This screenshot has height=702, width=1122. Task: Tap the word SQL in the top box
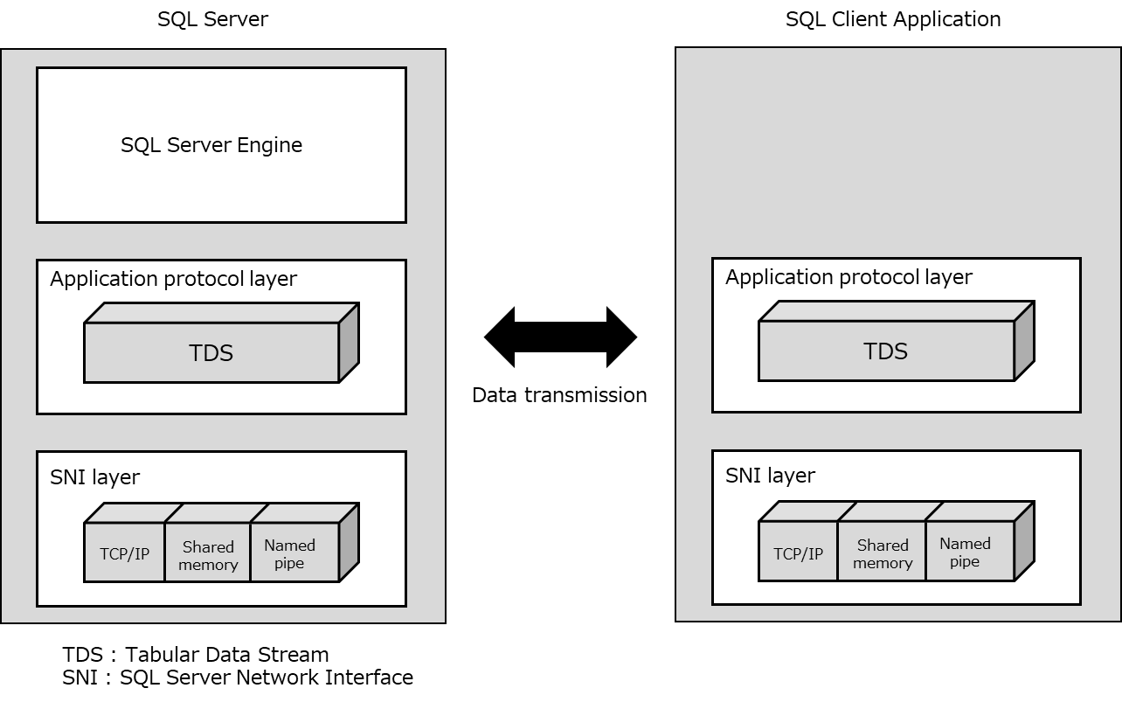point(140,145)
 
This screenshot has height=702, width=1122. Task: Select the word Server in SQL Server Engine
point(202,145)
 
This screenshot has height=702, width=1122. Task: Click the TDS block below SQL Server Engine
point(211,353)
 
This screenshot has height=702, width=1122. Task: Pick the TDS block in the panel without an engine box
point(886,351)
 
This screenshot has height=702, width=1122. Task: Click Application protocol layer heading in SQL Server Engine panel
point(173,279)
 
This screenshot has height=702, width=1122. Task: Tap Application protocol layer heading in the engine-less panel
point(848,277)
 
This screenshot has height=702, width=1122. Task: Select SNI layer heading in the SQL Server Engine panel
point(94,477)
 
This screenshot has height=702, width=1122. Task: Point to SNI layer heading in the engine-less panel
point(770,476)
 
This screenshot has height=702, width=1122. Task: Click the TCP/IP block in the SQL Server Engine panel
point(124,553)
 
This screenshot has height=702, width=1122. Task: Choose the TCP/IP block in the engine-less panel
point(798,553)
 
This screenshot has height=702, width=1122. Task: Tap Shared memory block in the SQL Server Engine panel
point(208,555)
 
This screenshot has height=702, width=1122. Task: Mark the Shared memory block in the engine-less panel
point(882,554)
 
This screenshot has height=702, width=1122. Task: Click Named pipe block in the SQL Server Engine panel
point(290,554)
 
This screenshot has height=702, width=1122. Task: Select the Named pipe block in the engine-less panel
point(966,553)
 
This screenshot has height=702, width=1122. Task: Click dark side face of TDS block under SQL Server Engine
point(349,343)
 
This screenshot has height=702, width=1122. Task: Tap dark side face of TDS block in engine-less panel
point(1024,341)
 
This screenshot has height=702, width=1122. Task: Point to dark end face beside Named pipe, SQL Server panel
point(349,542)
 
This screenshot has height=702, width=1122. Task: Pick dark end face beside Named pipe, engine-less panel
point(1024,540)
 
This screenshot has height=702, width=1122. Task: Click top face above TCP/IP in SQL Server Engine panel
point(135,512)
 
